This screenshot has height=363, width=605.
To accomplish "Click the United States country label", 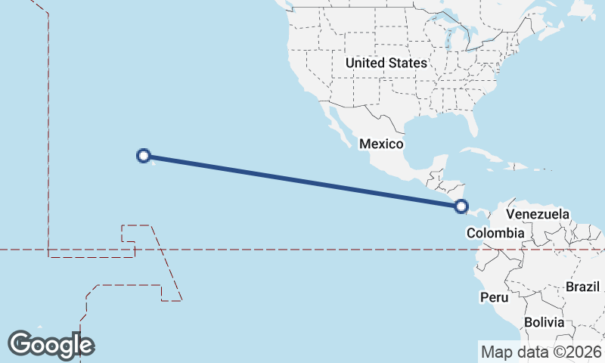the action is point(386,63).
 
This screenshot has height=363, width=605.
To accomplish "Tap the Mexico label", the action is point(381,144).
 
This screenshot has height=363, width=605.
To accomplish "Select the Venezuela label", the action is point(538,215).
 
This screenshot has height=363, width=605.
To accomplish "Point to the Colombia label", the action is point(495,233).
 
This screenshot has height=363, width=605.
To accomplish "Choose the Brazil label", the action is point(582,287).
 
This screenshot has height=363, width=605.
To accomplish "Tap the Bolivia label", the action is point(544,322).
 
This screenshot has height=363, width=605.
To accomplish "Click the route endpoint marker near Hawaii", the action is point(143,156).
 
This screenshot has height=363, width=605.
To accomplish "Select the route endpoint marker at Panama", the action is point(461,206).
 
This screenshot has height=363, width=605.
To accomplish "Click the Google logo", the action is point(51,344).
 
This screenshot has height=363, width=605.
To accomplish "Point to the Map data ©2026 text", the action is point(540,352).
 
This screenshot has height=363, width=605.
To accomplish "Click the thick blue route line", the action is point(302,180).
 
